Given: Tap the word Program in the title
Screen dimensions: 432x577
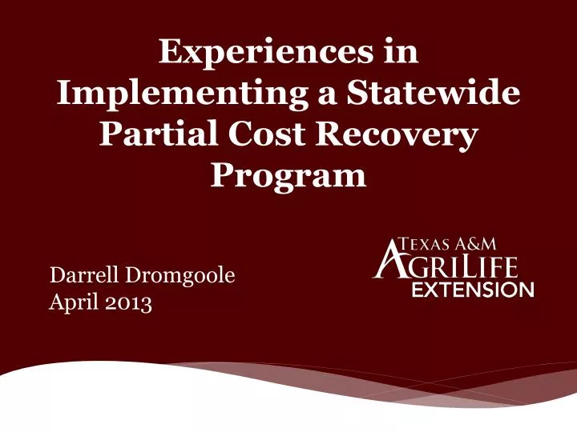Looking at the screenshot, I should pyautogui.click(x=288, y=175).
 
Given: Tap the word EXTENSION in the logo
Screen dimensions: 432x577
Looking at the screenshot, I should pyautogui.click(x=473, y=290).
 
